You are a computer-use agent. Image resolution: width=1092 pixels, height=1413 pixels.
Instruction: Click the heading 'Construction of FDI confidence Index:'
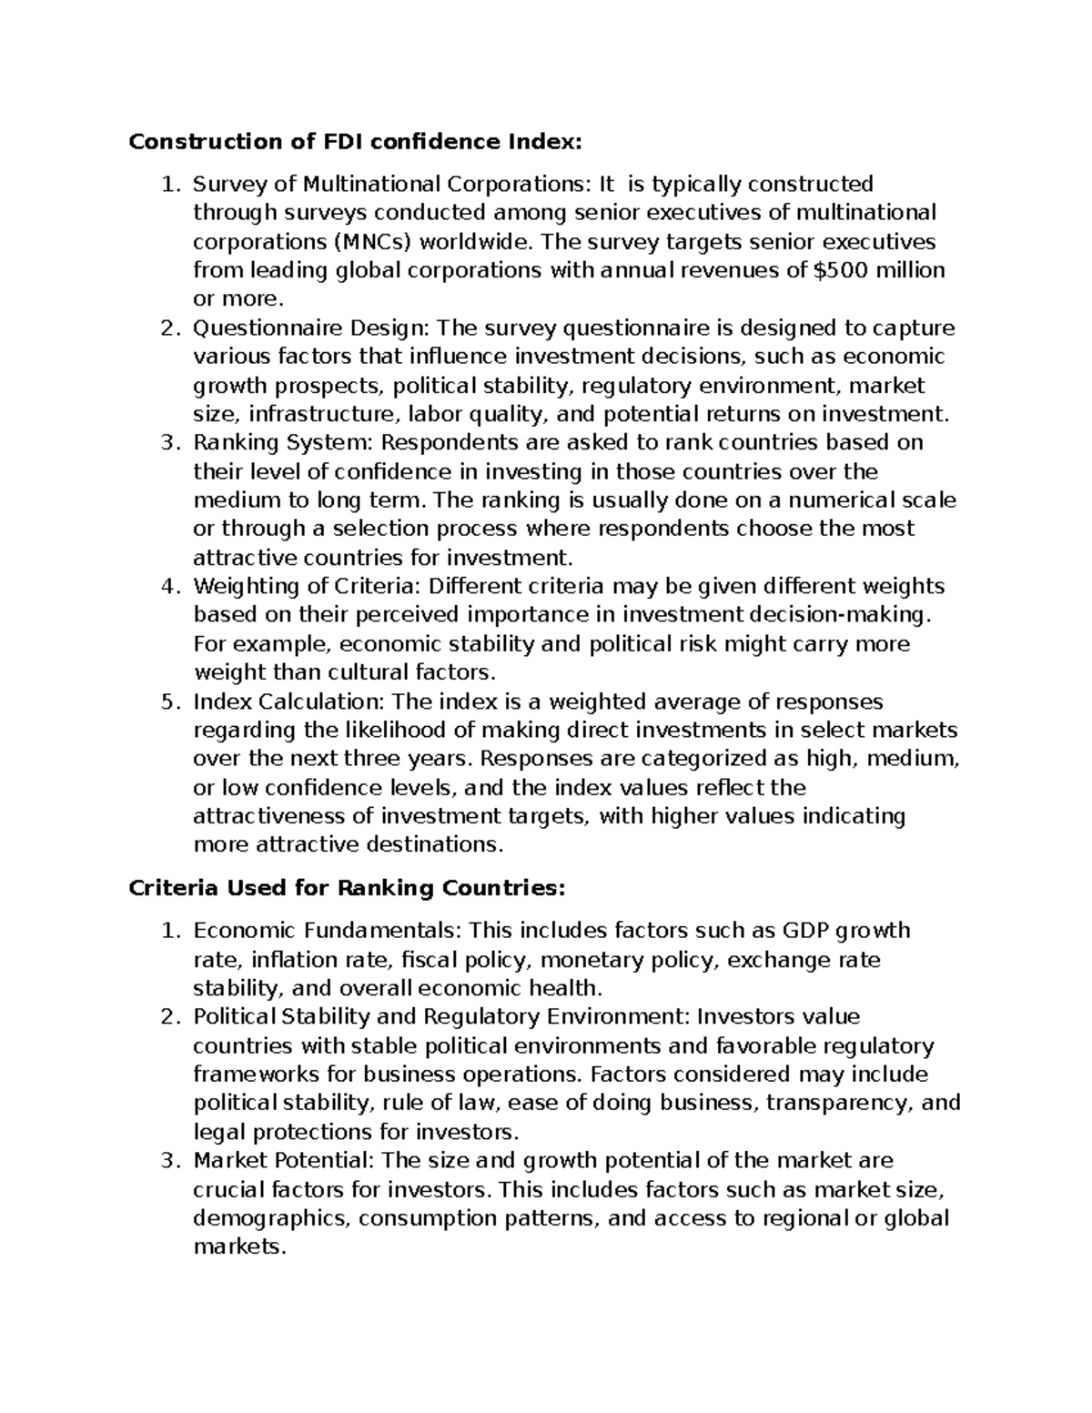pos(354,142)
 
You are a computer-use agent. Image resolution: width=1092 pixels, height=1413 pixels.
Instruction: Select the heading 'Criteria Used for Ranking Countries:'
pos(347,888)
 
